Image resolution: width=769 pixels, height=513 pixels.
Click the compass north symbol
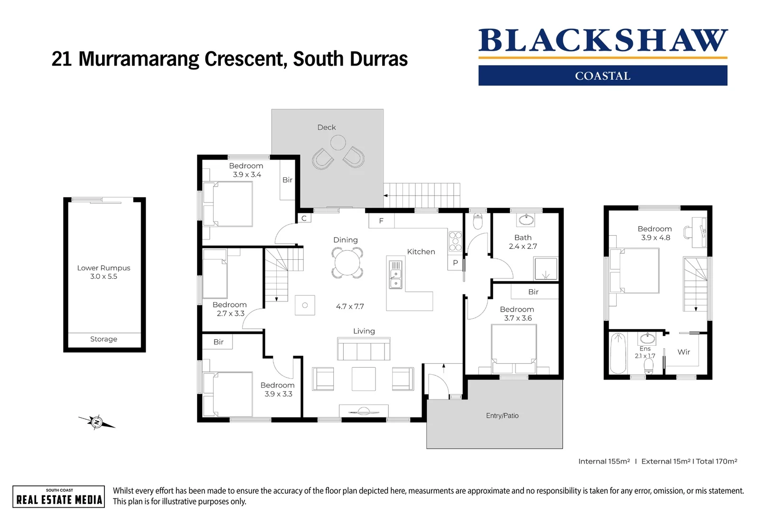click(x=97, y=422)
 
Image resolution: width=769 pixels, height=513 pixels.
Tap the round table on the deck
click(x=338, y=142)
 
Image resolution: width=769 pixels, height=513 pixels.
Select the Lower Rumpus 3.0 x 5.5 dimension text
click(x=103, y=276)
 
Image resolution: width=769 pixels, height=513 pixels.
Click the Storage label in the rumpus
click(x=103, y=339)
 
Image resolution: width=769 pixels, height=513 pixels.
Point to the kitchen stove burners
click(x=455, y=241)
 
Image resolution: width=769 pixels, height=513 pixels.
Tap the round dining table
click(x=347, y=263)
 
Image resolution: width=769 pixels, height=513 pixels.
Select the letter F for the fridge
click(x=381, y=221)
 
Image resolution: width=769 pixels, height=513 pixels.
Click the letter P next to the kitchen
click(x=455, y=263)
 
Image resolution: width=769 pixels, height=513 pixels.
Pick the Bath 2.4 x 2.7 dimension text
click(x=523, y=247)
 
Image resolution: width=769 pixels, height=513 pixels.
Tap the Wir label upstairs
click(x=684, y=352)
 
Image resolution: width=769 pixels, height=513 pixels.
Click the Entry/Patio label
click(x=502, y=416)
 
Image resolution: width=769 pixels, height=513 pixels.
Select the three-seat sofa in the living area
click(x=364, y=349)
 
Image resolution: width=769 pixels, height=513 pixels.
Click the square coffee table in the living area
click(x=364, y=379)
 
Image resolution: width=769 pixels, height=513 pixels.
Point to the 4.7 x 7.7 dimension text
click(x=350, y=307)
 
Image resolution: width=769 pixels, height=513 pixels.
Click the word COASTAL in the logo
click(x=602, y=76)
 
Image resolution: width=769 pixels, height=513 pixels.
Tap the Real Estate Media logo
click(x=59, y=497)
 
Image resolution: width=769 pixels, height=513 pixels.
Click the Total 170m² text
click(x=716, y=461)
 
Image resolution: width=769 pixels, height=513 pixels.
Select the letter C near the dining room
click(x=304, y=218)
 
